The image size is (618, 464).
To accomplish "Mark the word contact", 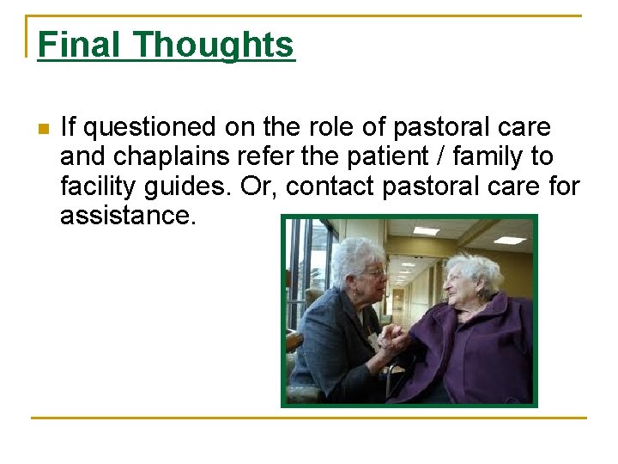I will (x=325, y=186).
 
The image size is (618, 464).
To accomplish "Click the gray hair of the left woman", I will (x=356, y=253).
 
